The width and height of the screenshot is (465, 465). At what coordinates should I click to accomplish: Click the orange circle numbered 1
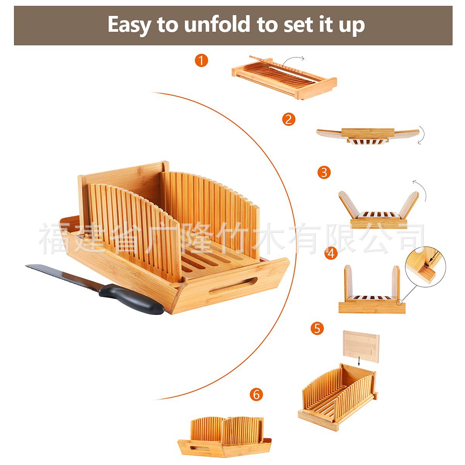point(201,60)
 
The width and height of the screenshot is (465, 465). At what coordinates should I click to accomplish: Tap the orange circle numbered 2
point(289,119)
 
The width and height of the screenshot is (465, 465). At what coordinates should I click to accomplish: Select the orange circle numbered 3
point(324,172)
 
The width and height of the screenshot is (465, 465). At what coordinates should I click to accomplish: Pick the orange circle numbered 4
point(331,253)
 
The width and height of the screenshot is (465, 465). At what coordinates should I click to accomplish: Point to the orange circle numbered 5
point(317,328)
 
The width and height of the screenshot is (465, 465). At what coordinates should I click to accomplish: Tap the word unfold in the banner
point(217,24)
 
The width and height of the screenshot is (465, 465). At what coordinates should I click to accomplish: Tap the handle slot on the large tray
point(233,286)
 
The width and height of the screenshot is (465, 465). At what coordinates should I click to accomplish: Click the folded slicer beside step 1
point(284,77)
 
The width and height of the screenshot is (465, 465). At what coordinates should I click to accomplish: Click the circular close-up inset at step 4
point(425,267)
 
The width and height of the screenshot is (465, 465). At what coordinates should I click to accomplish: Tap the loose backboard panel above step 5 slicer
point(361,346)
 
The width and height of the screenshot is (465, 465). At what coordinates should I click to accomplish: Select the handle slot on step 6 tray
point(200,448)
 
